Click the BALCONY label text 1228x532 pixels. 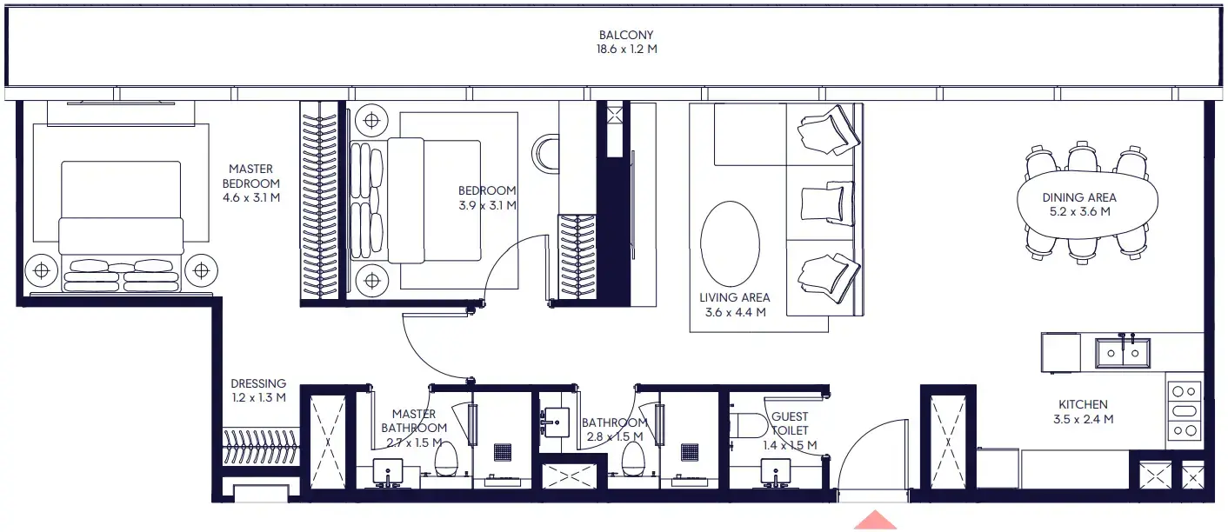tap(625, 36)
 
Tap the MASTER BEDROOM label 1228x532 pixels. tap(250, 176)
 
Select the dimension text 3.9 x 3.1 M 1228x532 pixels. tap(487, 206)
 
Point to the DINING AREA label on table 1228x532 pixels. tap(1078, 197)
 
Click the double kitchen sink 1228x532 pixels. tap(1122, 353)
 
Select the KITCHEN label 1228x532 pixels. tap(1083, 404)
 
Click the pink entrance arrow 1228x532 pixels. tap(875, 522)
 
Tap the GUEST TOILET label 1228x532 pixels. tap(790, 423)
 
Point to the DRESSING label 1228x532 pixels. tap(258, 383)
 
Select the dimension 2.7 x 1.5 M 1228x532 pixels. tap(414, 442)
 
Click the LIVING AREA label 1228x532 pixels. tap(734, 297)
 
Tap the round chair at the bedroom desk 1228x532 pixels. tap(547, 154)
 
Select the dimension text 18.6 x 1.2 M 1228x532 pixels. tap(625, 50)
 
